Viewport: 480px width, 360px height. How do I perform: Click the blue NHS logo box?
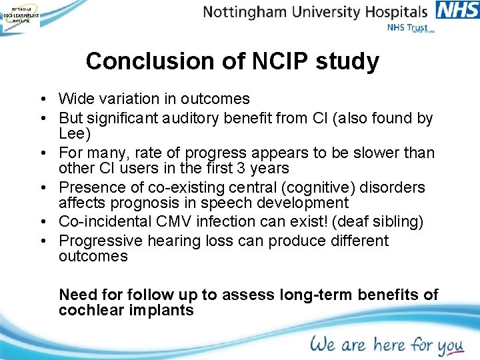[457, 10]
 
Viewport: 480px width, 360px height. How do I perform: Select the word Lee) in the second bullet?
[75, 134]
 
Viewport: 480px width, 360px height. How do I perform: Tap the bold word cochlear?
[89, 310]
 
